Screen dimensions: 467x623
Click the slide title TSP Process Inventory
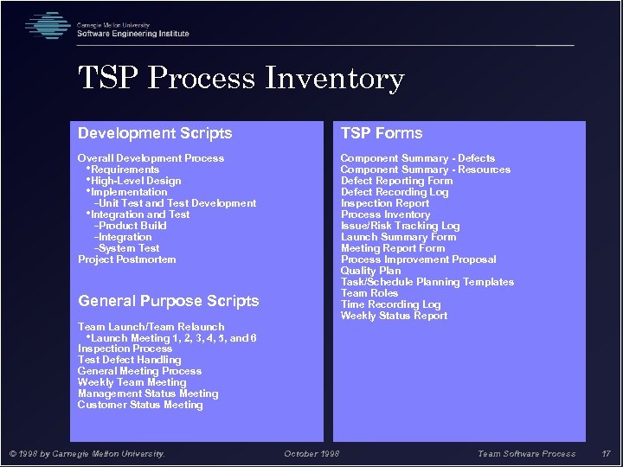click(241, 80)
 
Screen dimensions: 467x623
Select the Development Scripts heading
click(155, 133)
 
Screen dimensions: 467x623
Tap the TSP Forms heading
click(382, 133)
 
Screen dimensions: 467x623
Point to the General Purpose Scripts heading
click(168, 301)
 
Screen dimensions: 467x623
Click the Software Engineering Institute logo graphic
click(48, 26)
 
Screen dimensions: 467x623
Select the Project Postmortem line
click(126, 259)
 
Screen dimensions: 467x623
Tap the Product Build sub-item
click(132, 226)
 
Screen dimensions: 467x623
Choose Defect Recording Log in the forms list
click(395, 192)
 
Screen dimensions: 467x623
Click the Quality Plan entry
click(371, 271)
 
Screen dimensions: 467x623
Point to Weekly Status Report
click(394, 316)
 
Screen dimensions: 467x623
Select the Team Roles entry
click(369, 293)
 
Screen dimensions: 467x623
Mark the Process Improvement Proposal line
click(418, 259)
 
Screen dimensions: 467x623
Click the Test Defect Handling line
click(129, 360)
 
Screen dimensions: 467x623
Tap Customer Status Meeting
click(140, 405)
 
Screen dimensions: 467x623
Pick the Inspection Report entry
click(385, 203)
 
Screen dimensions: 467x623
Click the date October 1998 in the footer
click(311, 453)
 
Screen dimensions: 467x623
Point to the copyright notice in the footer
click(87, 453)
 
